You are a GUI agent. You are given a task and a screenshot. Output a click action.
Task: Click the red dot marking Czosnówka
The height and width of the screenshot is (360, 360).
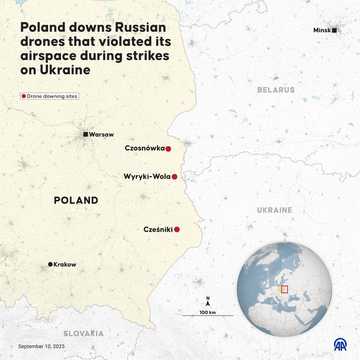tap(168, 149)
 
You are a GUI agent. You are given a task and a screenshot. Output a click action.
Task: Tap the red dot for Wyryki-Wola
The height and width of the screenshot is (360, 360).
tap(174, 177)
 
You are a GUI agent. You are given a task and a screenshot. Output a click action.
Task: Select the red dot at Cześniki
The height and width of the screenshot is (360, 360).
tap(177, 230)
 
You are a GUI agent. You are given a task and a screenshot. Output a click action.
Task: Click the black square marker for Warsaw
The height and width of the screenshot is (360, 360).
tap(86, 134)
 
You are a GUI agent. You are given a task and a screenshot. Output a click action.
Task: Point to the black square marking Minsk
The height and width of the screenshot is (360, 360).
tap(334, 30)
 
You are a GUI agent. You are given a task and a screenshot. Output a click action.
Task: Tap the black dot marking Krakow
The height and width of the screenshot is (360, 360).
tap(50, 264)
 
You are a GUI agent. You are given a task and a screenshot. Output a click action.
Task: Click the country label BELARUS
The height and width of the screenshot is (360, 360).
tap(276, 90)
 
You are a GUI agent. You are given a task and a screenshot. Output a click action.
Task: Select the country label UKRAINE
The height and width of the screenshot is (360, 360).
tap(274, 210)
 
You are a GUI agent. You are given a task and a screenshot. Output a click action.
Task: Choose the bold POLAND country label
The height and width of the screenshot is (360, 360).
tap(76, 200)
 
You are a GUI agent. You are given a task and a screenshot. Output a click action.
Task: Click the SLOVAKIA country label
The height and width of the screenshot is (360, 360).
tap(83, 334)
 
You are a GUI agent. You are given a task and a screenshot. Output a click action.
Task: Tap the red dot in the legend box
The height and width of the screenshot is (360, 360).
tap(24, 96)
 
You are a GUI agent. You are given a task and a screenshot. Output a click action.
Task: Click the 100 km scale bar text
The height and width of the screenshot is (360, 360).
tap(208, 313)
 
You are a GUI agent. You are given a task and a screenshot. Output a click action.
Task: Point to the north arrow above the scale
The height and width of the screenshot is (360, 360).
tap(208, 303)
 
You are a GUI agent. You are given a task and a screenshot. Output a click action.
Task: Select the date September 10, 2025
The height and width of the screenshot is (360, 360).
tap(41, 346)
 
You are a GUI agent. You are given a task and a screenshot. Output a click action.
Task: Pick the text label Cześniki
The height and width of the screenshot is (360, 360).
tap(158, 230)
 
